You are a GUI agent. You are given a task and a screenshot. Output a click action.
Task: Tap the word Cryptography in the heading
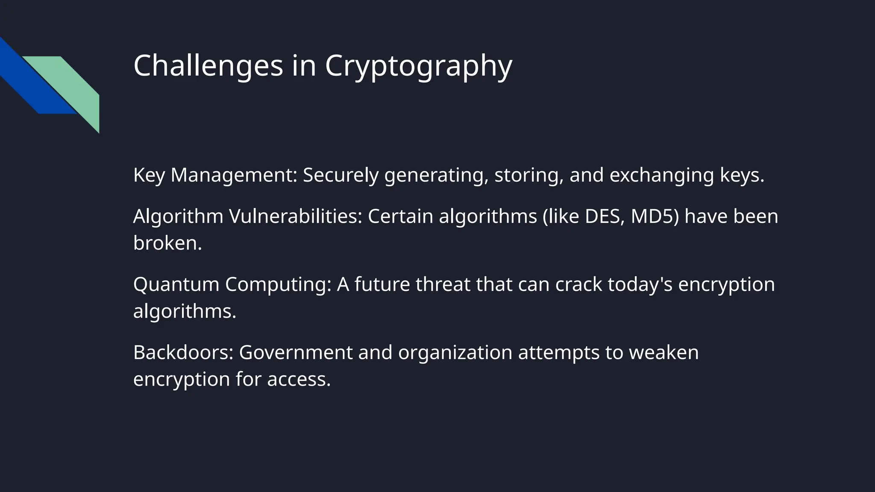(x=418, y=66)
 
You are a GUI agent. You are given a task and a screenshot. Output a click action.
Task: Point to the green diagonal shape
(x=73, y=83)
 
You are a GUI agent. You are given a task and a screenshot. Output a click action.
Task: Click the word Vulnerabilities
(x=295, y=216)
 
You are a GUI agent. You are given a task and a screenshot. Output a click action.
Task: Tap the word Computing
(x=278, y=284)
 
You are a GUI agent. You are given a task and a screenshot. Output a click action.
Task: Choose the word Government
(x=296, y=352)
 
